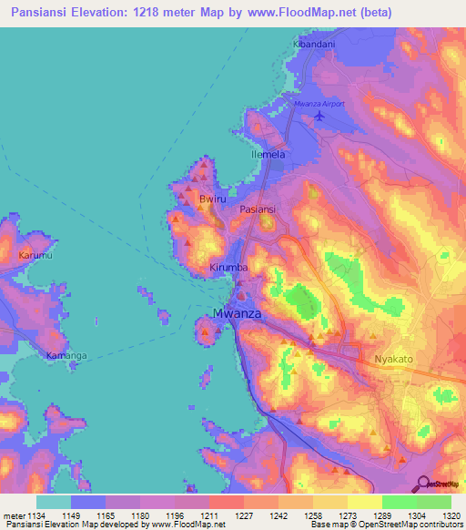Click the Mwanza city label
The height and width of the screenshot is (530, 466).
238,314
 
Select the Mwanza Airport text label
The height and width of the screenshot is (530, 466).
319,104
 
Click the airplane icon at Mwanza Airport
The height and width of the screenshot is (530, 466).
319,115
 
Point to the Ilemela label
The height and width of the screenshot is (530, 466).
268,155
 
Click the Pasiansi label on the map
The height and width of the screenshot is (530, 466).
257,209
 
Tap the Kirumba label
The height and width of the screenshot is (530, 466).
229,270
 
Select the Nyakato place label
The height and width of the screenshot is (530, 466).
394,360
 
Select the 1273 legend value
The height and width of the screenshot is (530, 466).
331,515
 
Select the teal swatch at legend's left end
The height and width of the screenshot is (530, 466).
53,502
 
